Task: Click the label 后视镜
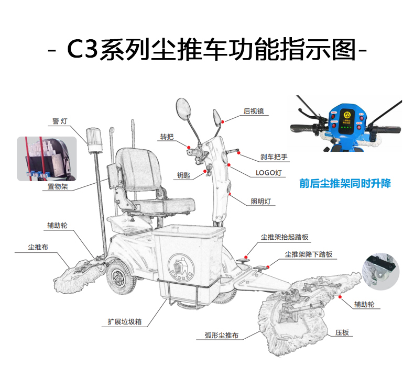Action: tap(254, 112)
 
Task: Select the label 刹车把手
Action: tap(274, 157)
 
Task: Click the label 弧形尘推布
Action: tap(222, 335)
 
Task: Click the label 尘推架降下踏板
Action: tap(309, 254)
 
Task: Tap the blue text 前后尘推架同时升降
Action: tap(345, 184)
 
